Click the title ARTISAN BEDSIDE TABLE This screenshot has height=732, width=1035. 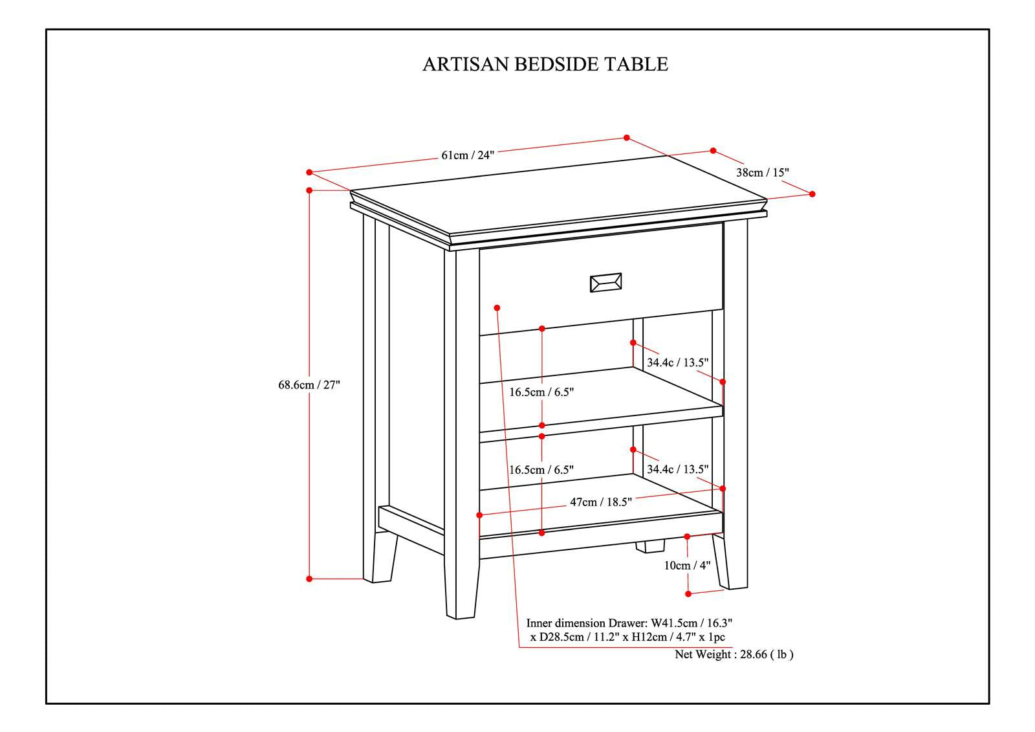pos(545,64)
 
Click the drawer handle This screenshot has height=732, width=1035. pos(605,283)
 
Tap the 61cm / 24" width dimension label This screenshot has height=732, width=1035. pos(468,155)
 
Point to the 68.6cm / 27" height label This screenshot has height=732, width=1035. pos(309,385)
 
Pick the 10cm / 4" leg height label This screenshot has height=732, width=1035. pos(687,565)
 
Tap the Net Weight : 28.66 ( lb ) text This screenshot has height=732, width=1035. pos(734,654)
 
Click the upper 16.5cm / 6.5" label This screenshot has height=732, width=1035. pos(541,392)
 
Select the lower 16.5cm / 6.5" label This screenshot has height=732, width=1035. pos(541,470)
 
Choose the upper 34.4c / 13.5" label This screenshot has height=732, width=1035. pos(677,362)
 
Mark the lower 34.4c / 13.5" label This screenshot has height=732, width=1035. pos(677,469)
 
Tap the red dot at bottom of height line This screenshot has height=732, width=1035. pos(309,579)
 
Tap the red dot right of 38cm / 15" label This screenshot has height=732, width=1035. pos(812,194)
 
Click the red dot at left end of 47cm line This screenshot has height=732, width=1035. pos(479,515)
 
